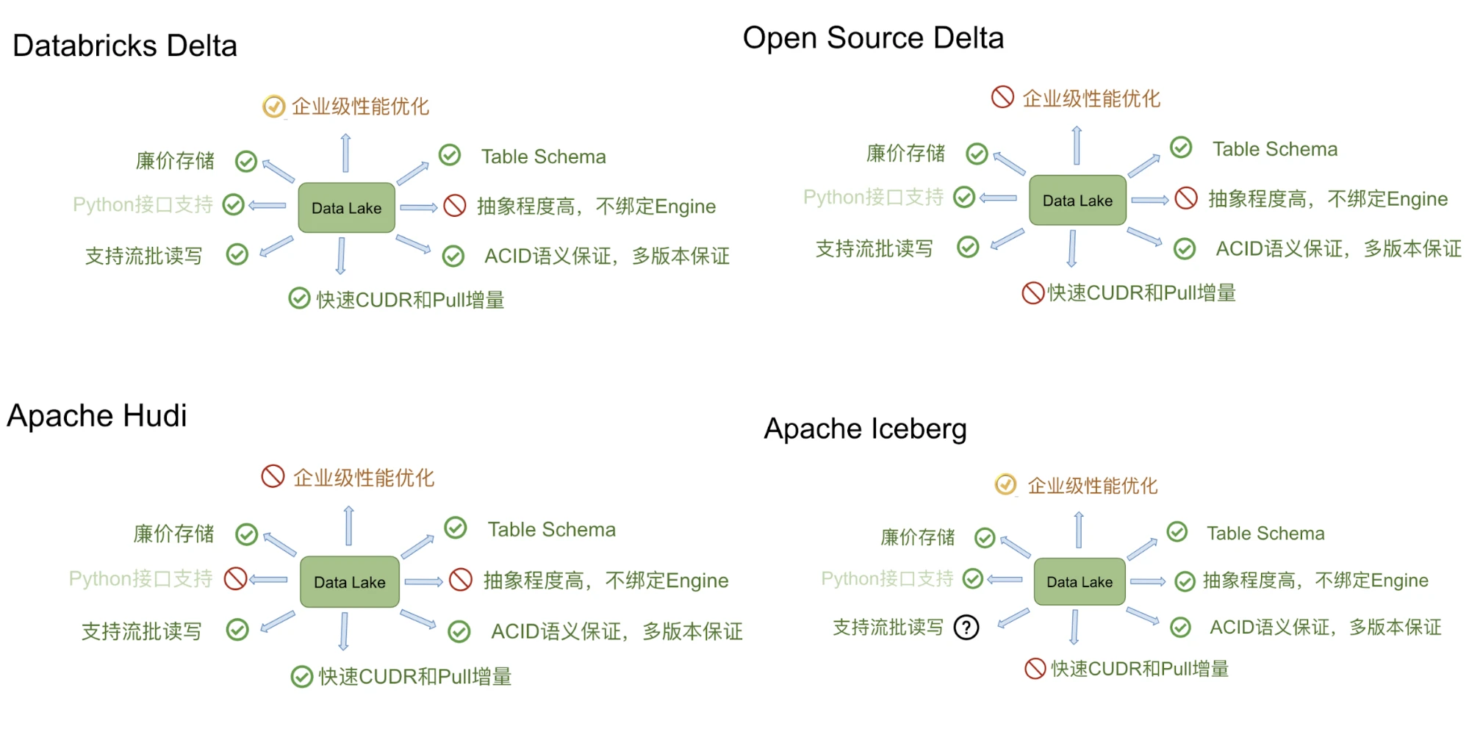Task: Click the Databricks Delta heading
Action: [125, 46]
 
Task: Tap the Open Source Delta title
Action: [873, 38]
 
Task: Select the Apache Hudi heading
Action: [97, 416]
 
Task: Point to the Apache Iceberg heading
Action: [865, 429]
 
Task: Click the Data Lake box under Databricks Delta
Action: [346, 208]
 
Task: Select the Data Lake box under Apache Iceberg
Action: [1079, 582]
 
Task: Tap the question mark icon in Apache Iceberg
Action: [966, 628]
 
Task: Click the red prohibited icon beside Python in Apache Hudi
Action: [235, 578]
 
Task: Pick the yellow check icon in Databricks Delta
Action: [273, 107]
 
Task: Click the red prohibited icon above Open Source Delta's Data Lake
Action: [1002, 97]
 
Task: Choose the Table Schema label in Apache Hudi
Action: [551, 530]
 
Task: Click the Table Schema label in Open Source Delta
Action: [1274, 150]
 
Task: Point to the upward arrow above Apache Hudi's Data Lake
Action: [349, 525]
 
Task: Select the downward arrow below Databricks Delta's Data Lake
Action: [341, 255]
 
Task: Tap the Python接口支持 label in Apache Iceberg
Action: [886, 579]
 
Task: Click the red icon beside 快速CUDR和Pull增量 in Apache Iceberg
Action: [1035, 669]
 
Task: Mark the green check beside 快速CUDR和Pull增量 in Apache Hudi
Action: [301, 677]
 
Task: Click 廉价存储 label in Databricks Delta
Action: [175, 161]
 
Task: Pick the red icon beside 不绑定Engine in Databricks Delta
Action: [455, 206]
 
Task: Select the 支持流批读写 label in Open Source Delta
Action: [874, 249]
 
